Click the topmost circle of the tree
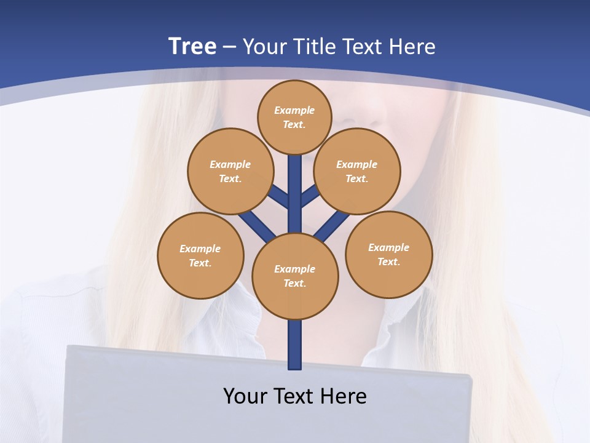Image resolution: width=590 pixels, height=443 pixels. [295, 117]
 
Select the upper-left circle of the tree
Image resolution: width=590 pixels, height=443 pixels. [230, 171]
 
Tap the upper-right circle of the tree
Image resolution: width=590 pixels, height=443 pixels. [357, 171]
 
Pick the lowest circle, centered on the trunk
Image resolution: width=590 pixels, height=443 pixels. [295, 276]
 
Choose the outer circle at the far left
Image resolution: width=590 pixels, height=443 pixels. [200, 255]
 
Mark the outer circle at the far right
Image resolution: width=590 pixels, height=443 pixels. [389, 254]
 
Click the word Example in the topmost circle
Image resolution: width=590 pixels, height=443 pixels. [294, 110]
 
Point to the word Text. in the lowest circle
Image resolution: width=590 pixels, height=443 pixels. [295, 284]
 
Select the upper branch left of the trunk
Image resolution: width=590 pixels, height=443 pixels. [280, 197]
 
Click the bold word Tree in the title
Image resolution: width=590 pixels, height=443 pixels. [192, 46]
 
